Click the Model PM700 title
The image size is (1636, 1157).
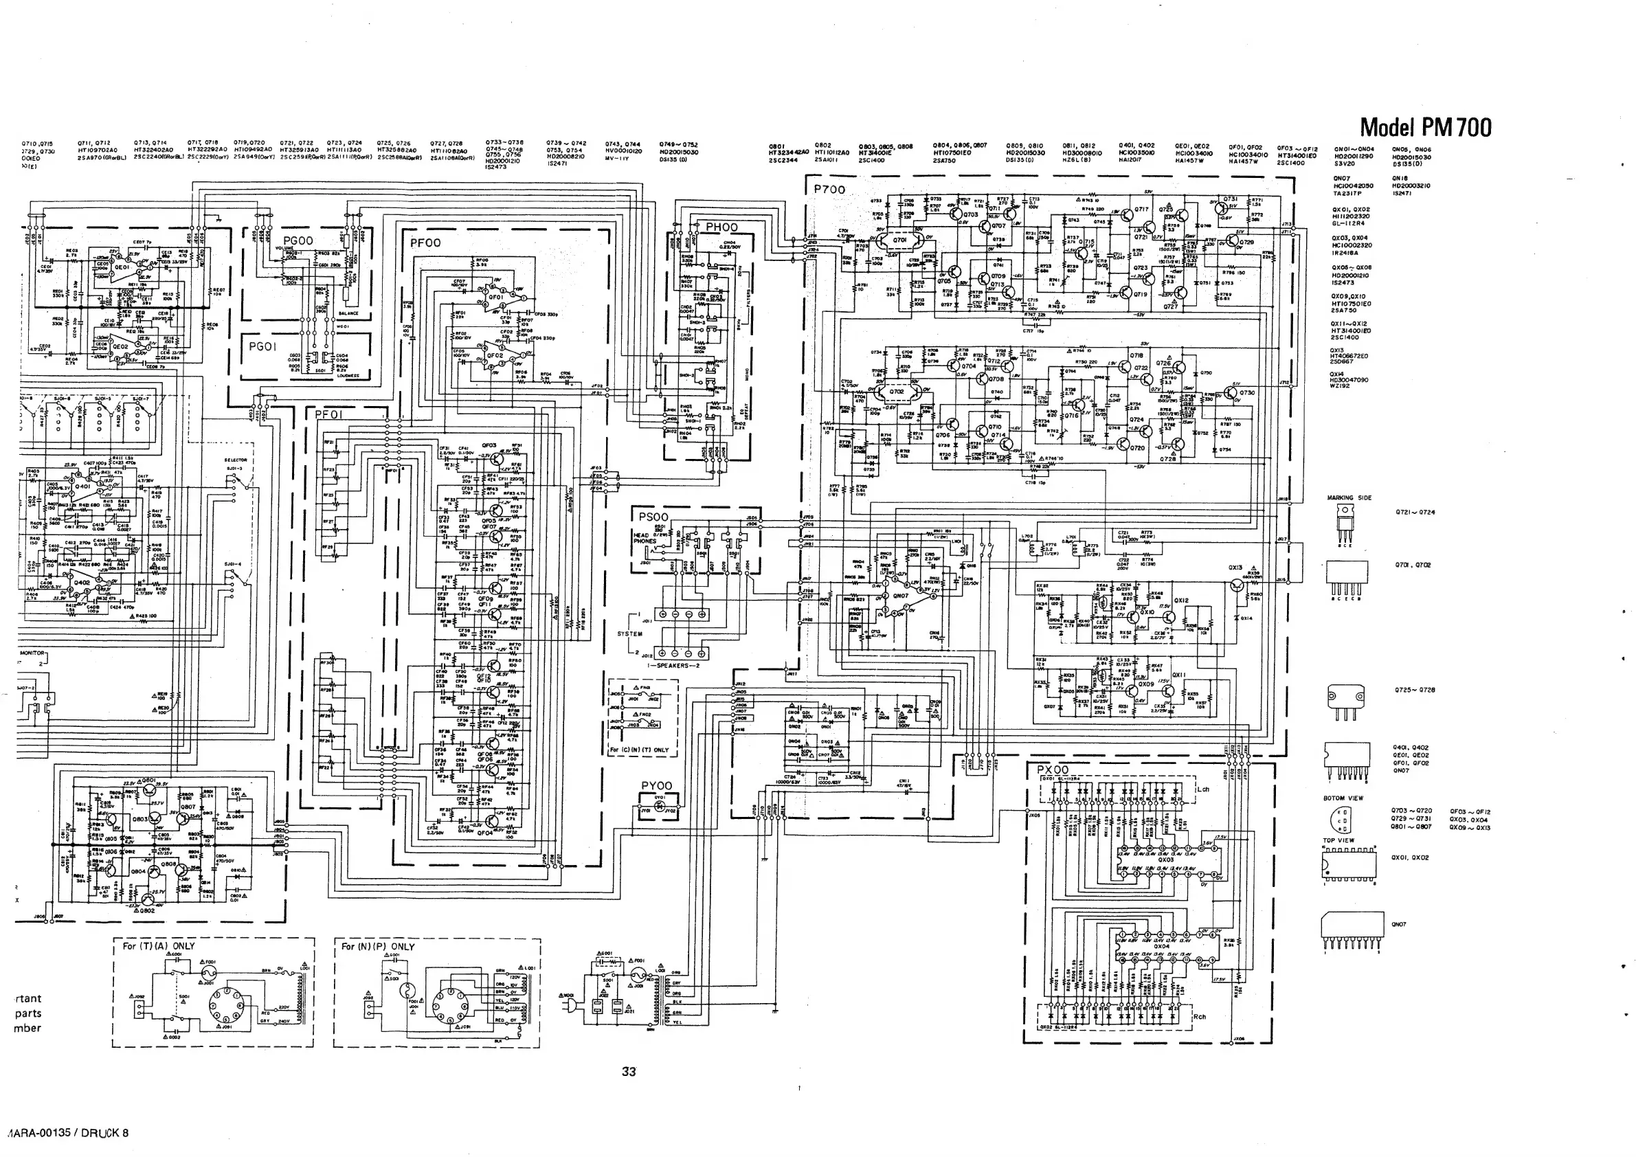pyautogui.click(x=1425, y=128)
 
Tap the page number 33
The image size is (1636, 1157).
pyautogui.click(x=629, y=1072)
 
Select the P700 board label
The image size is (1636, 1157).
pyautogui.click(x=829, y=190)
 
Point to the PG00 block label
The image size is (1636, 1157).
pyautogui.click(x=298, y=242)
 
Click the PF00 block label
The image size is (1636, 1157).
pyautogui.click(x=425, y=243)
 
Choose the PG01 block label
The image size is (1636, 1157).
pyautogui.click(x=262, y=347)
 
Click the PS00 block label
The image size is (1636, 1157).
pyautogui.click(x=653, y=517)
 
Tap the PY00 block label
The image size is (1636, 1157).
pyautogui.click(x=656, y=786)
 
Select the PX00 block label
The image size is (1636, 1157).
pyautogui.click(x=1053, y=770)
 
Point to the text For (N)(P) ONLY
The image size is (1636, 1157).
pyautogui.click(x=378, y=947)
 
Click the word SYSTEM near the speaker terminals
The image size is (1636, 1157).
pyautogui.click(x=629, y=633)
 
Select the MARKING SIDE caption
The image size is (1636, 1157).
pyautogui.click(x=1349, y=498)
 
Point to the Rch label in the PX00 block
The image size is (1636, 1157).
pyautogui.click(x=1199, y=1017)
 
